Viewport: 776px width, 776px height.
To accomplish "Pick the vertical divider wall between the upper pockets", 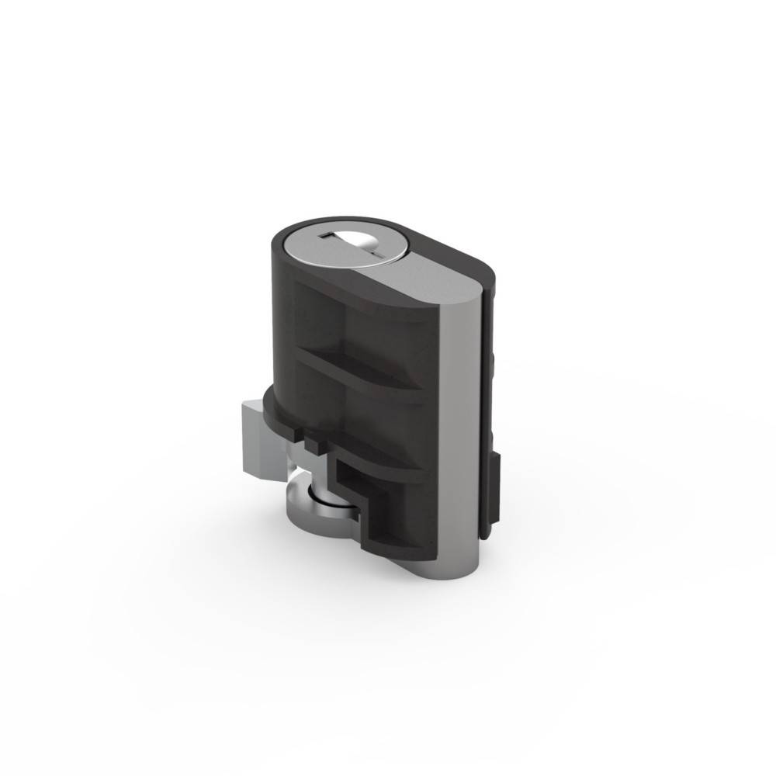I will pos(342,326).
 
